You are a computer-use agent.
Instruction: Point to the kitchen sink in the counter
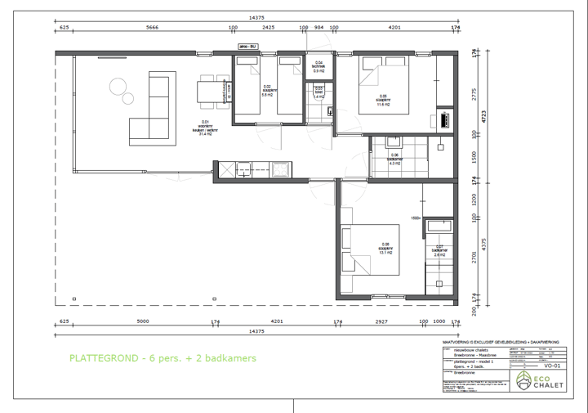225,169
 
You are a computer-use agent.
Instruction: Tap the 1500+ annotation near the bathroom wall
415,218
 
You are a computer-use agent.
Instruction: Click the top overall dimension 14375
261,17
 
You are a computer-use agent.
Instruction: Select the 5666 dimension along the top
152,28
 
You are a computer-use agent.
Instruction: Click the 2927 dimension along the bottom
381,321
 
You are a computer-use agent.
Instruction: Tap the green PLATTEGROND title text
163,358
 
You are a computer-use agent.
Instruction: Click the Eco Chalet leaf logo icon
525,381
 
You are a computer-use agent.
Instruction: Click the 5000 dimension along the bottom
143,321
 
